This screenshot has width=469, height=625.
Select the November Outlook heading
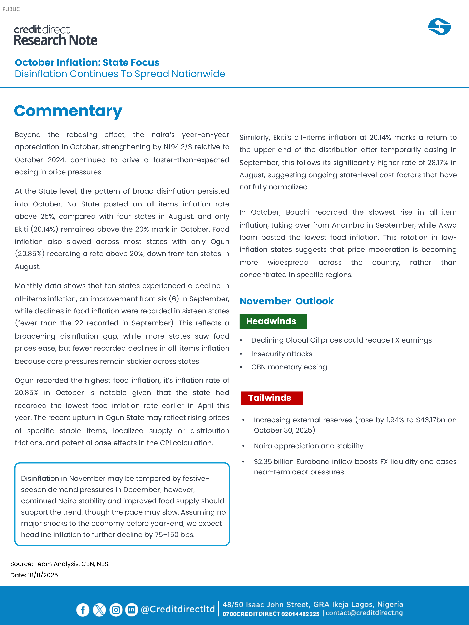286,301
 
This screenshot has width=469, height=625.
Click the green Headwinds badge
273,321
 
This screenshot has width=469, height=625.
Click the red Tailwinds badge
271,398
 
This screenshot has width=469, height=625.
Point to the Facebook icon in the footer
83,610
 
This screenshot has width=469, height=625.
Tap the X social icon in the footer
99,610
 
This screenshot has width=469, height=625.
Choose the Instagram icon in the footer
116,610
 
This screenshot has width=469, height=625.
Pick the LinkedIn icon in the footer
132,610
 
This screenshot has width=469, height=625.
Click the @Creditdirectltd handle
178,609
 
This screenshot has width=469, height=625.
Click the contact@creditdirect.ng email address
364,613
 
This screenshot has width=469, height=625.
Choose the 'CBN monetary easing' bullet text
289,367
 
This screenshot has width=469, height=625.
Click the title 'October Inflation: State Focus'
87,62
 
